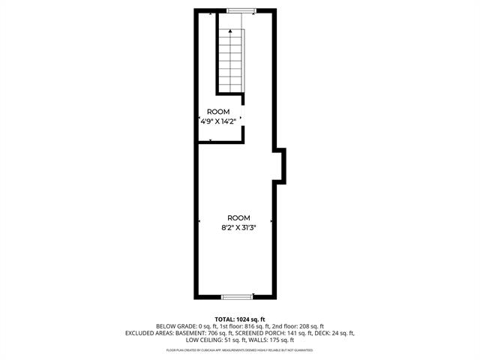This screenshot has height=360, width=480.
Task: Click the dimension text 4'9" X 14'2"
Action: [218, 120]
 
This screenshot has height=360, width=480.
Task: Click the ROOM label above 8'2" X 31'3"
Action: [238, 217]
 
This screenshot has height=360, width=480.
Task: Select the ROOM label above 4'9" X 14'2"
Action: [219, 111]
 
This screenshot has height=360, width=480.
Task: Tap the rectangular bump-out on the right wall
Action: [280, 166]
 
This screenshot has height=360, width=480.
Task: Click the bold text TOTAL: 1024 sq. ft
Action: [240, 319]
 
